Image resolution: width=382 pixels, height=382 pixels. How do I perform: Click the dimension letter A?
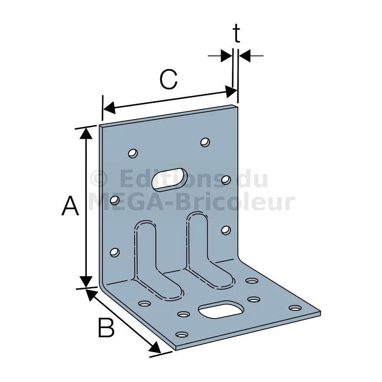pyautogui.click(x=70, y=206)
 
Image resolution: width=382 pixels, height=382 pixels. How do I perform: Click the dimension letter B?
pyautogui.click(x=106, y=327)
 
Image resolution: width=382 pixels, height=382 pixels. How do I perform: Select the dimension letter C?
pyautogui.click(x=168, y=79)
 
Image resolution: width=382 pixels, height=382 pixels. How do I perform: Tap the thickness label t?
pyautogui.click(x=236, y=33)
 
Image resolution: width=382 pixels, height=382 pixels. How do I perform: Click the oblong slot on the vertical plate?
pyautogui.click(x=170, y=179)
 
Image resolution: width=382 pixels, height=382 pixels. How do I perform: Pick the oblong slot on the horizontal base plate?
pyautogui.click(x=221, y=310)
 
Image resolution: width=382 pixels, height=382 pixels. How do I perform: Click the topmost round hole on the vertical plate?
pyautogui.click(x=205, y=142)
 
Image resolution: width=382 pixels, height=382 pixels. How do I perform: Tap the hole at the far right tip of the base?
pyautogui.click(x=295, y=308)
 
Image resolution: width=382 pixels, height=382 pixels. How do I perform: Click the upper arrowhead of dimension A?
pyautogui.click(x=86, y=133)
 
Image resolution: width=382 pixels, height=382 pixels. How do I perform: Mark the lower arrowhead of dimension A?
pyautogui.click(x=86, y=282)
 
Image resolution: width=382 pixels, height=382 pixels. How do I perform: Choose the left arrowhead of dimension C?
pyautogui.click(x=109, y=107)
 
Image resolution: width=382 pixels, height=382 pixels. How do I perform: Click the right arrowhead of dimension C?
pyautogui.click(x=231, y=92)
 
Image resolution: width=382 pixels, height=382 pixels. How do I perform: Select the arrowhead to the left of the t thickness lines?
pyautogui.click(x=227, y=56)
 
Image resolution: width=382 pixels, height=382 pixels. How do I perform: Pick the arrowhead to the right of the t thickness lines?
pyautogui.click(x=244, y=56)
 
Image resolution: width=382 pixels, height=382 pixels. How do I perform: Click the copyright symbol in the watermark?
pyautogui.click(x=99, y=179)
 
